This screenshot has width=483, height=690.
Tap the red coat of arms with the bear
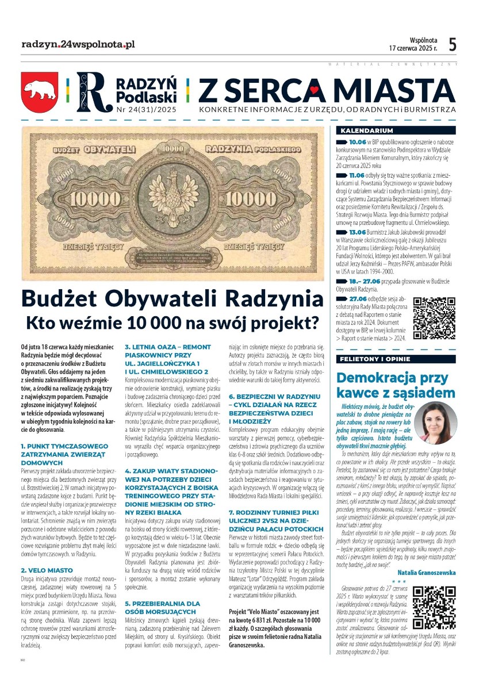click(x=40, y=90)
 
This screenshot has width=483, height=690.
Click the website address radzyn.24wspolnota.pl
click(x=78, y=44)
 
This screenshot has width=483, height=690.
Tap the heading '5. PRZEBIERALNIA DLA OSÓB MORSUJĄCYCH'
click(x=163, y=607)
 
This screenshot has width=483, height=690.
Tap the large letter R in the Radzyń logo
click(x=91, y=91)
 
